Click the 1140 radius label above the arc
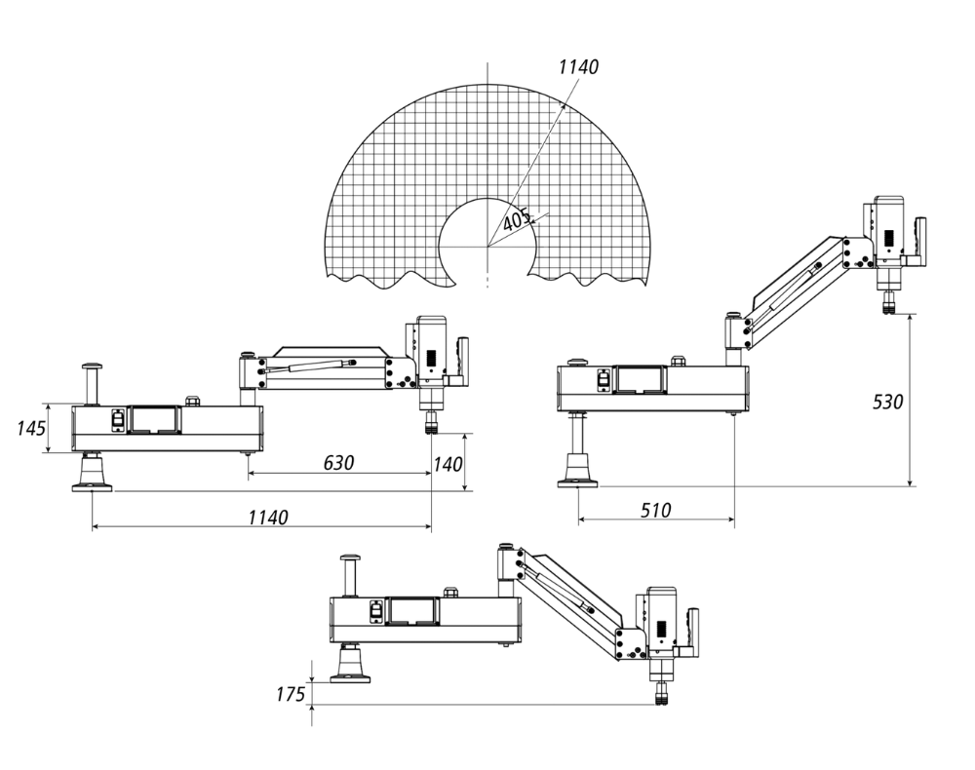click(x=578, y=67)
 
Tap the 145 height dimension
click(x=31, y=428)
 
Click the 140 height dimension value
click(x=448, y=465)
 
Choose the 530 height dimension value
click(x=887, y=401)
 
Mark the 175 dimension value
click(x=290, y=694)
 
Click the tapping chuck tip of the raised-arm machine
click(x=888, y=307)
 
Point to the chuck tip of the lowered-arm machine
click(x=660, y=695)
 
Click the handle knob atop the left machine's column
click(x=92, y=366)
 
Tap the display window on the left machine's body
click(x=155, y=420)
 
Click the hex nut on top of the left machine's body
click(x=192, y=400)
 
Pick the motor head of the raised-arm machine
click(x=888, y=230)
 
